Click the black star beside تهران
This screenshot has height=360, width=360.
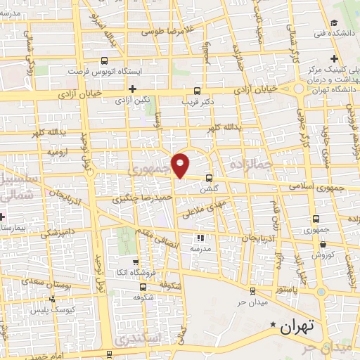tap(274, 324)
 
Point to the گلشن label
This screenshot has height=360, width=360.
tap(209, 189)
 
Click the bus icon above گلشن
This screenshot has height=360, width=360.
tap(209, 178)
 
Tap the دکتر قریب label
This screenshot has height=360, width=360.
tap(197, 101)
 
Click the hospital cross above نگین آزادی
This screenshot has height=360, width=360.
tap(133, 88)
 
